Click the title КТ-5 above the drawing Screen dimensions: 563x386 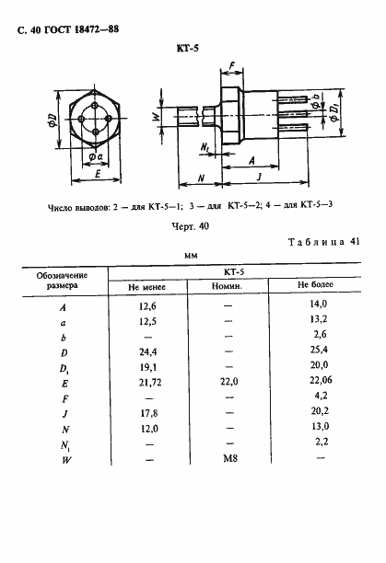[x=188, y=52]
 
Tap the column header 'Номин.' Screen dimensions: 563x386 [x=228, y=286]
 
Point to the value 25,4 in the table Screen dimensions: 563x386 [x=320, y=350]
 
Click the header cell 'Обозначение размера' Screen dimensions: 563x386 [x=62, y=280]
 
